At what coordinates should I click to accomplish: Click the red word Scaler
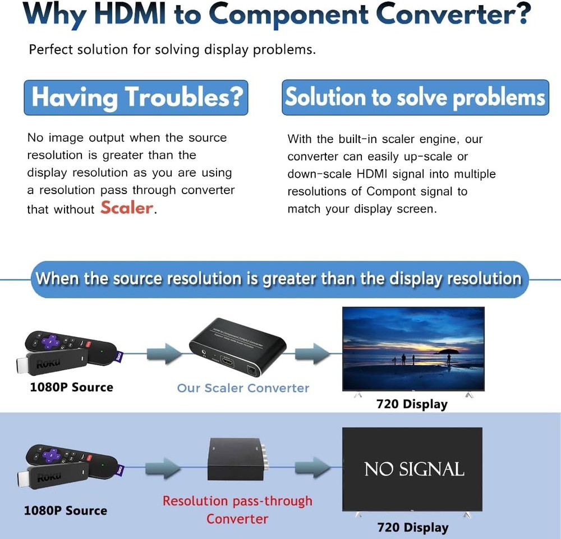click(127, 208)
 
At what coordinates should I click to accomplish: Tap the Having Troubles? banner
click(136, 97)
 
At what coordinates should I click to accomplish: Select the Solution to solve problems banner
click(415, 98)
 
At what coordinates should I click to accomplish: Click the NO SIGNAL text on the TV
click(414, 469)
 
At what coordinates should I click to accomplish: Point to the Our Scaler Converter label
click(243, 388)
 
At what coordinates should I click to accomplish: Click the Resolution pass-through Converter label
click(237, 509)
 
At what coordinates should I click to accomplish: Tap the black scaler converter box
click(237, 348)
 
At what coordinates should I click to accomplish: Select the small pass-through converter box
click(236, 459)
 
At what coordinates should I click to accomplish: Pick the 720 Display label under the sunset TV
click(412, 404)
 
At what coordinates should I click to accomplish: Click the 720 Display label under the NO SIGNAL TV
click(412, 527)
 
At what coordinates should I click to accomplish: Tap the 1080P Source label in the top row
click(71, 387)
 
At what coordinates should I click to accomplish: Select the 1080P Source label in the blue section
click(65, 510)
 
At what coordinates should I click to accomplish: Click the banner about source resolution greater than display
click(278, 279)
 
